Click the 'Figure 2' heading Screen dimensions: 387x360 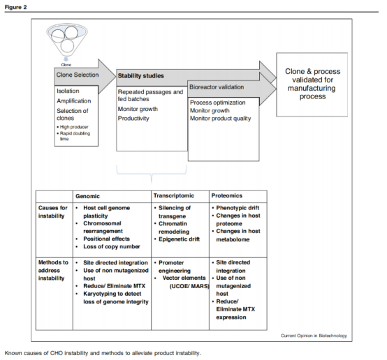pos(15,7)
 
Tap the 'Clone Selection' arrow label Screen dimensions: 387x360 pos(78,75)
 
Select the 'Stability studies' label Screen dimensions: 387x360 pos(140,76)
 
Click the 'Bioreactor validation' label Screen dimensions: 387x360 pos(217,87)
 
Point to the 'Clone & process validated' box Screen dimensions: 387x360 pos(312,84)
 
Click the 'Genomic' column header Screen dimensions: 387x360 pos(87,196)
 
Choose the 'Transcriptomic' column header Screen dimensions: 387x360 pos(174,195)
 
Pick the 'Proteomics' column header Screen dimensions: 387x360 pos(226,195)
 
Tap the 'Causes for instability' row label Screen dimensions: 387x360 pos(52,212)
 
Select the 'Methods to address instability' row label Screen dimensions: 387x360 pos(53,270)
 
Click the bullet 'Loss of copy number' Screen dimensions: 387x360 pos(112,246)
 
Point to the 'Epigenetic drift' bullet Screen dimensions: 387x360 pos(179,239)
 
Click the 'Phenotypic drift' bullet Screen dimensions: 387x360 pos(238,208)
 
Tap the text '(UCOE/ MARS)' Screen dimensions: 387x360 pos(189,286)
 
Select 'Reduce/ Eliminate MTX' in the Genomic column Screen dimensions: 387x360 pos(114,286)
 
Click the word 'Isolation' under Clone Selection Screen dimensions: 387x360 pos(68,91)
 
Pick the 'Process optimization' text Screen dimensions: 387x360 pos(217,103)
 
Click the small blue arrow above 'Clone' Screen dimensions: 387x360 pos(66,59)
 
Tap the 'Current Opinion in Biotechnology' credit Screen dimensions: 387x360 pos(314,336)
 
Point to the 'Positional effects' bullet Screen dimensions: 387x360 pos(106,239)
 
